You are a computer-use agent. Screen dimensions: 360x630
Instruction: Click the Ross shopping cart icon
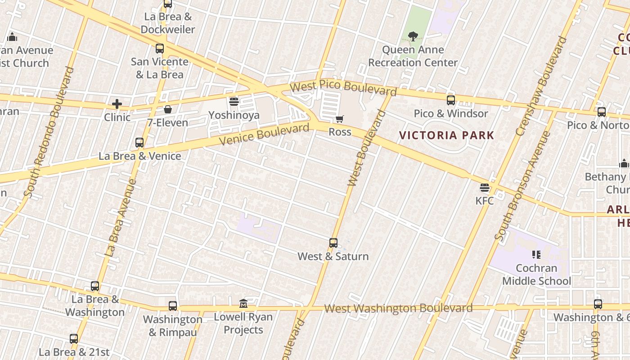[x=340, y=119]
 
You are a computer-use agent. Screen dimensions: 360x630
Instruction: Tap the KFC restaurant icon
[x=485, y=188]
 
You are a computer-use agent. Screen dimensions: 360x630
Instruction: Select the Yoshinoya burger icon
[x=234, y=102]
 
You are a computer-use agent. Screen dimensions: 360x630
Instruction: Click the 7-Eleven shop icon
[x=168, y=109]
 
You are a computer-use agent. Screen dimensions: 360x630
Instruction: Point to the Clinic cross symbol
[x=117, y=104]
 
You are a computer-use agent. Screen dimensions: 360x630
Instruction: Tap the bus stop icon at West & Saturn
[x=333, y=243]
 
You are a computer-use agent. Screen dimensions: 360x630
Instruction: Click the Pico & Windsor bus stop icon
[x=451, y=100]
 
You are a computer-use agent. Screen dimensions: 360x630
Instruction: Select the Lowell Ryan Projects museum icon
[x=243, y=303]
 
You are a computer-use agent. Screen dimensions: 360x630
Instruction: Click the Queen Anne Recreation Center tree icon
[x=413, y=36]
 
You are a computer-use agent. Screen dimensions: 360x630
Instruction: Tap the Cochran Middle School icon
[x=536, y=255]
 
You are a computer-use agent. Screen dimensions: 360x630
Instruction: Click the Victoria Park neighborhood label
[x=446, y=135]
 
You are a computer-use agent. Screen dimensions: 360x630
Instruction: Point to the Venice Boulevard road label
[x=265, y=135]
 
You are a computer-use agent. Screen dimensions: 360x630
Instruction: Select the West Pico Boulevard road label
[x=343, y=88]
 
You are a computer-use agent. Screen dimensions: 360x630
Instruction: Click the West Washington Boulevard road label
[x=398, y=308]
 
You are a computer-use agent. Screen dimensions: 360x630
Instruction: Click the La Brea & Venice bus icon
[x=139, y=143]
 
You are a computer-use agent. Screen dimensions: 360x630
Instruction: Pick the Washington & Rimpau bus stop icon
[x=173, y=306]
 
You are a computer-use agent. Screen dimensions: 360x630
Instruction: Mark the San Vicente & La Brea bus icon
[x=160, y=49]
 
